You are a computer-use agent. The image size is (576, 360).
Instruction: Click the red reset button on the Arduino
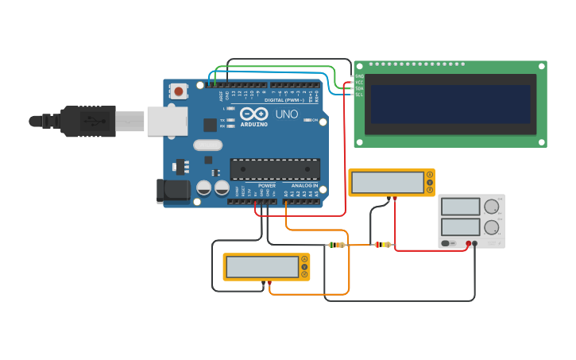[178, 91]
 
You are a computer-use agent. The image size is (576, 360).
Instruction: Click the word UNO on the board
[287, 114]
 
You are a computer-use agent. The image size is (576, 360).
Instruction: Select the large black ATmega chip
[275, 168]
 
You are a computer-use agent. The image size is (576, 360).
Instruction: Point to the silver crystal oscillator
[207, 145]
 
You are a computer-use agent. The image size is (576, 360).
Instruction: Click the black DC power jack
[172, 190]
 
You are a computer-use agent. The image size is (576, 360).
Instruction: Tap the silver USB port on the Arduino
[167, 121]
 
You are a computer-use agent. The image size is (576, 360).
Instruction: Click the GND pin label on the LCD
[358, 75]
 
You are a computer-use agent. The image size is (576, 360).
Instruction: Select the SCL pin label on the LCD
[358, 95]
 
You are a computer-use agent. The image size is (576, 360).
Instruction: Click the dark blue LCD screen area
[450, 104]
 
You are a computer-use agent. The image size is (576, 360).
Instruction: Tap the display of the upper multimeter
[388, 182]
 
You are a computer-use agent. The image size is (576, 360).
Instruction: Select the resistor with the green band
[337, 245]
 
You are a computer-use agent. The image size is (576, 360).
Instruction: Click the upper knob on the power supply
[491, 207]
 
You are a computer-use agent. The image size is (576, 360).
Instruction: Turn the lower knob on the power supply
[491, 227]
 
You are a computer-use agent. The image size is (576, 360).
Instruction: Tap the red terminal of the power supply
[469, 243]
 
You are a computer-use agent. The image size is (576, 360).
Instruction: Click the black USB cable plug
[87, 121]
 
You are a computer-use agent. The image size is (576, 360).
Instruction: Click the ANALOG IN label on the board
[304, 185]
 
